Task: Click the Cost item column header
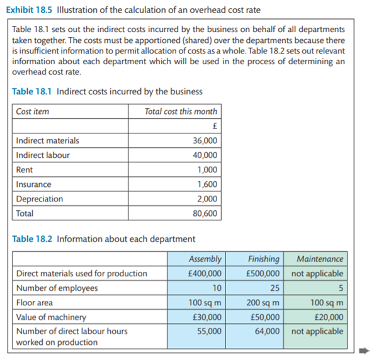33,111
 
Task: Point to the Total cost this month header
181,111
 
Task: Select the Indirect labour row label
43,155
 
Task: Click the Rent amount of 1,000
207,170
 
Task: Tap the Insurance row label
34,184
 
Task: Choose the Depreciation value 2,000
207,199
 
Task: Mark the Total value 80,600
205,213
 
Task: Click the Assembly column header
205,259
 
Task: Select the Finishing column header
263,259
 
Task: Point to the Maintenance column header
320,259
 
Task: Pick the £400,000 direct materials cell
205,274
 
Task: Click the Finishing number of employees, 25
274,288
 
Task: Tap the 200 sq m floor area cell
263,303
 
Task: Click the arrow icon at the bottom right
368,352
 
